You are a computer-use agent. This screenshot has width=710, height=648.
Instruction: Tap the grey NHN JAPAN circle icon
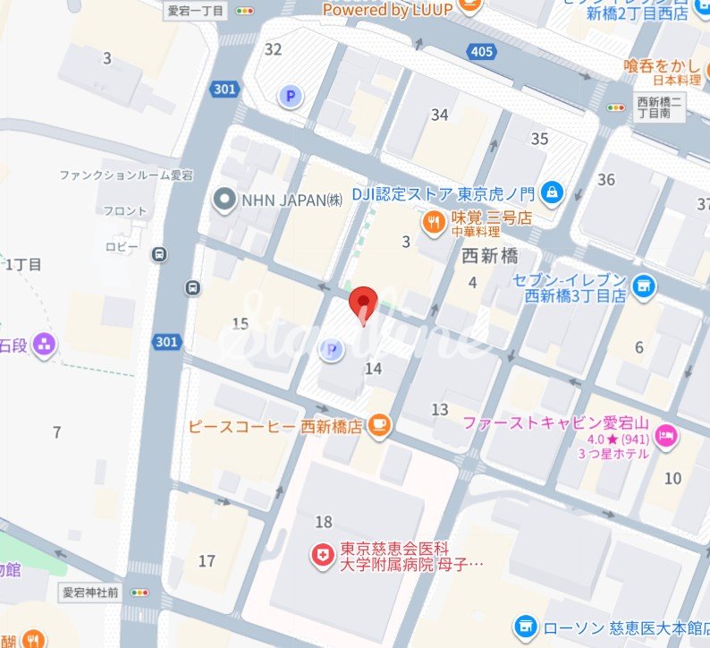pos(224,200)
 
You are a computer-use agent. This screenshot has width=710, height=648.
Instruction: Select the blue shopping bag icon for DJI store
pos(553,191)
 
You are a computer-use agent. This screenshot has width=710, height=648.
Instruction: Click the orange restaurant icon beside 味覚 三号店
pos(434,220)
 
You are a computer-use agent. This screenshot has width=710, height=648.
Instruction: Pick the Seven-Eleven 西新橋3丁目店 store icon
pos(641,286)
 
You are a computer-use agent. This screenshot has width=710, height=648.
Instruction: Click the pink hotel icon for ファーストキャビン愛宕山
pos(666,436)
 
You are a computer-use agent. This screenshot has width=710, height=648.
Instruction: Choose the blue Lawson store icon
pos(527,626)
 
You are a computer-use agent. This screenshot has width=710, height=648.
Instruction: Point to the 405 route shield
pos(482,51)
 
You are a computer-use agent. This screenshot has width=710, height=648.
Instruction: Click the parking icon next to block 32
pos(289,96)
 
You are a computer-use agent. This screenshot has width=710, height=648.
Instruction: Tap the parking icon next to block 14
pos(332,350)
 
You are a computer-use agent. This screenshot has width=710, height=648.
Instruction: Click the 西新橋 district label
pos(490,256)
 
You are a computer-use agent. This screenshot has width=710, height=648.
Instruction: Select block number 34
pos(439,115)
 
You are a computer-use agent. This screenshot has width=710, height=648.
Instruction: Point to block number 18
pos(324,522)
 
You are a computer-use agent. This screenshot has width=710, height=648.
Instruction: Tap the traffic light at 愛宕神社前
pos(140,592)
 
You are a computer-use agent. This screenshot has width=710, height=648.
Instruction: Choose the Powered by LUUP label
pos(390,10)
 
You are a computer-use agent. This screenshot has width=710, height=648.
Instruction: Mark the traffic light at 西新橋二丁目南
pos(616,107)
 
